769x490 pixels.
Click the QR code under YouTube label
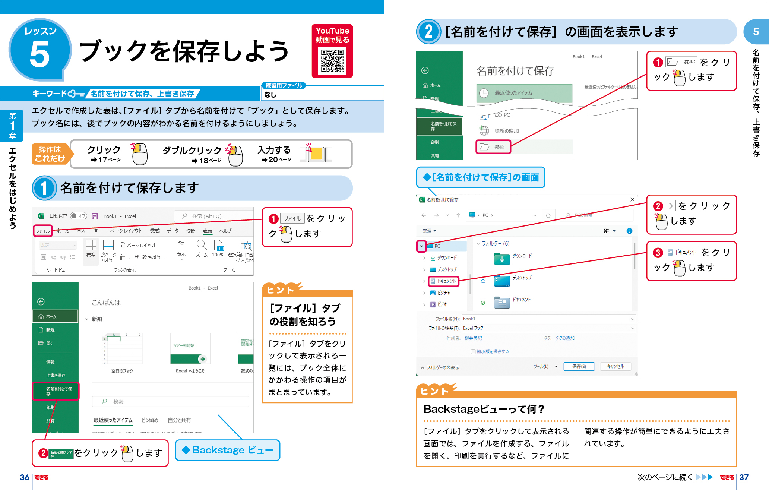coord(332,61)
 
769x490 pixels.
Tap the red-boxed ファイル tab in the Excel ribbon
coord(43,231)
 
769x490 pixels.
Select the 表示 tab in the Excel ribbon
coord(208,231)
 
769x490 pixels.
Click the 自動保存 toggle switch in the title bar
coord(79,216)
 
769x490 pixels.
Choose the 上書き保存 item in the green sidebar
coord(56,375)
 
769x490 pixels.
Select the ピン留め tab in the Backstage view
coord(150,420)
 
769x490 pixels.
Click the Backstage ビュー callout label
coord(228,450)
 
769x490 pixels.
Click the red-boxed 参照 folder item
coord(493,147)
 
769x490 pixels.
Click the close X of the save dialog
coord(632,200)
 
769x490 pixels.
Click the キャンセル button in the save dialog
coord(615,366)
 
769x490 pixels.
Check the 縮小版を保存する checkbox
coord(473,351)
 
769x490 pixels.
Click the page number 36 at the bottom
coord(25,477)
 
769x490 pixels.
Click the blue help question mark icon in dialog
coord(629,231)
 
